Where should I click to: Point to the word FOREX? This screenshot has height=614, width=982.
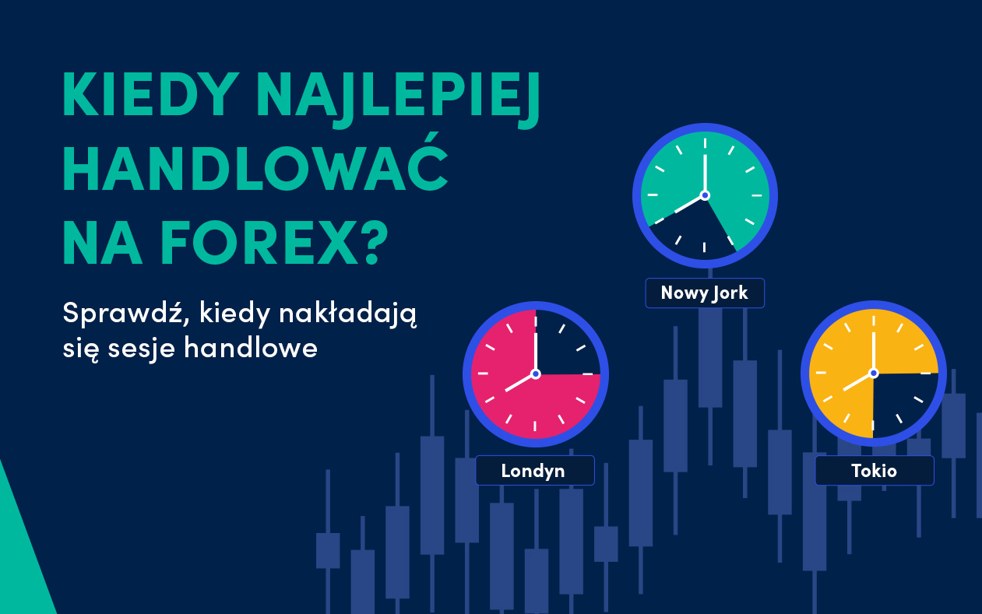[x=259, y=243]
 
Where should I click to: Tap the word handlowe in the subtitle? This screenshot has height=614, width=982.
[x=251, y=348]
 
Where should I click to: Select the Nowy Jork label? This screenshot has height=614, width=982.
[x=705, y=293]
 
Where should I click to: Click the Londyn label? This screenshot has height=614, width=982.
[x=535, y=471]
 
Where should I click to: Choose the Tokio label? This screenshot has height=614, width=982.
[x=875, y=471]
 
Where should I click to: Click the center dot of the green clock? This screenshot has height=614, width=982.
[x=705, y=195]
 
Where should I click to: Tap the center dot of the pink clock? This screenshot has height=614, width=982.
[x=536, y=374]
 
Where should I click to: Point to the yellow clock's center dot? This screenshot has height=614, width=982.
[x=874, y=373]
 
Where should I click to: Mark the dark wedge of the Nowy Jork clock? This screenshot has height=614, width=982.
[x=697, y=232]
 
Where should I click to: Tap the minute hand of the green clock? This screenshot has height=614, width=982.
[x=705, y=175]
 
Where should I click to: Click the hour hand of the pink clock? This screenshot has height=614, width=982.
[x=520, y=383]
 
